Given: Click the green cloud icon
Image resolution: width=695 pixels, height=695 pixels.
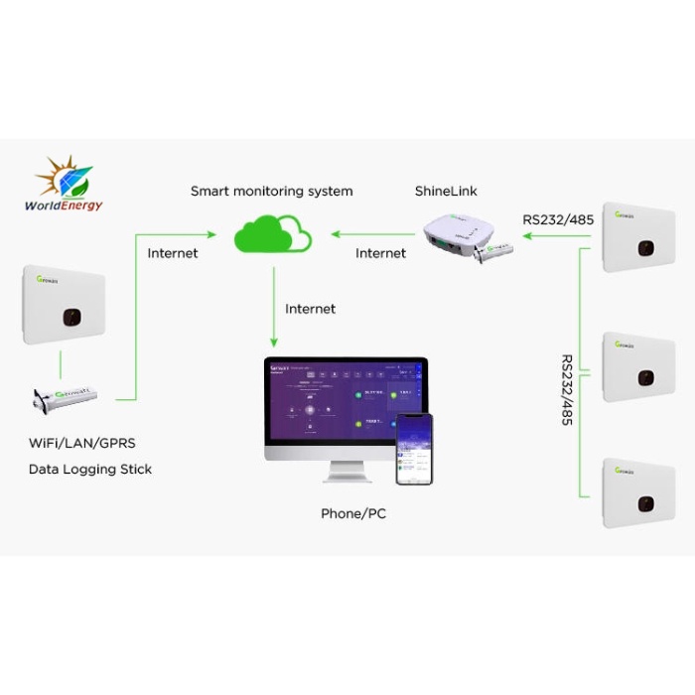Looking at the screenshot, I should (x=272, y=236).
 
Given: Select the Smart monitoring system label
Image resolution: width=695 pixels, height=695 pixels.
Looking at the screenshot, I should (x=271, y=191).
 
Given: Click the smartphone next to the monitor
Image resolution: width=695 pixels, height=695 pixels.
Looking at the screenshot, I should (x=414, y=449).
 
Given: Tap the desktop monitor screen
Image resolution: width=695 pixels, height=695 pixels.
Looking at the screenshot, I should (x=345, y=407).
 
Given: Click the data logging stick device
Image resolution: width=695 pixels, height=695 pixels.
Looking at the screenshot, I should (x=70, y=399).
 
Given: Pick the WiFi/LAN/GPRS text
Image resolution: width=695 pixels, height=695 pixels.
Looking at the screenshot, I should (x=81, y=444).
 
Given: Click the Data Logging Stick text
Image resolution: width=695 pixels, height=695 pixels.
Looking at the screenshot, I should (x=89, y=469).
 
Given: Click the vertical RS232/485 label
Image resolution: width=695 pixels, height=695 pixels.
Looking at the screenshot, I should (x=567, y=389).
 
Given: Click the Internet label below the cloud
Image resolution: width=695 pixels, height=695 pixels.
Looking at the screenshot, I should (x=310, y=309).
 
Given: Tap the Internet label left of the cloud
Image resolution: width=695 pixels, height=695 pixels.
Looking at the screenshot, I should (x=173, y=253).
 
